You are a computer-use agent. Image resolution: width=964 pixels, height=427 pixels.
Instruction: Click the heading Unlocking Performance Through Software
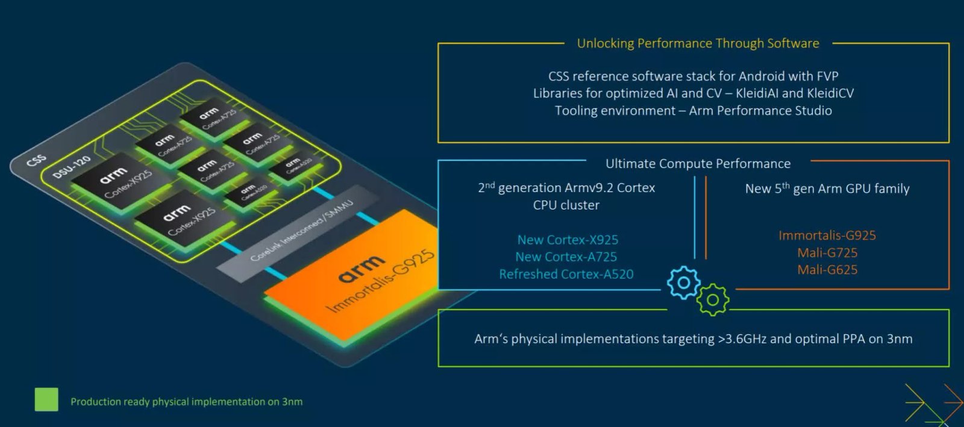click(x=698, y=43)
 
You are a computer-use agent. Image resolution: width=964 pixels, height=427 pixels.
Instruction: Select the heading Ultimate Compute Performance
click(x=698, y=164)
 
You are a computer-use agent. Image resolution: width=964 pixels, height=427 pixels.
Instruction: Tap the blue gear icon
click(x=683, y=282)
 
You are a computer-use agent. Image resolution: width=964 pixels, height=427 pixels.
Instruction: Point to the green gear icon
click(x=713, y=299)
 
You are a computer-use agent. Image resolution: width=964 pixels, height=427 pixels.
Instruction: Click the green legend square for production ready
click(x=46, y=399)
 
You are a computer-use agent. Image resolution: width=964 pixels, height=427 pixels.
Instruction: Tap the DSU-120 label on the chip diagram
click(x=72, y=166)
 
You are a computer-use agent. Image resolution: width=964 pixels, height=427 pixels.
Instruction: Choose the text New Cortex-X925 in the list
click(x=568, y=240)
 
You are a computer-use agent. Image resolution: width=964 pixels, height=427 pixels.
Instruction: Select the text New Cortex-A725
click(x=566, y=257)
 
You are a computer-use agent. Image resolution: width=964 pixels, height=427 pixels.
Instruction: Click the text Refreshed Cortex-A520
click(x=566, y=275)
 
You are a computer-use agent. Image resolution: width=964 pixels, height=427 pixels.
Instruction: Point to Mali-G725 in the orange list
click(x=827, y=253)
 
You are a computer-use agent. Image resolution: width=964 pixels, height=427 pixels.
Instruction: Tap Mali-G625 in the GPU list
click(x=827, y=270)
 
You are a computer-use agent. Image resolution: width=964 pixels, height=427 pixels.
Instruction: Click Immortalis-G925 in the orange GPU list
click(x=827, y=235)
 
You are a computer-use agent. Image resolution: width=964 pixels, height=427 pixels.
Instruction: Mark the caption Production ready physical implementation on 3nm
click(x=187, y=402)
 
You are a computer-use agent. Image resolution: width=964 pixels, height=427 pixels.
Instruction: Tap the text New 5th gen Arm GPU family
click(x=827, y=189)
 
